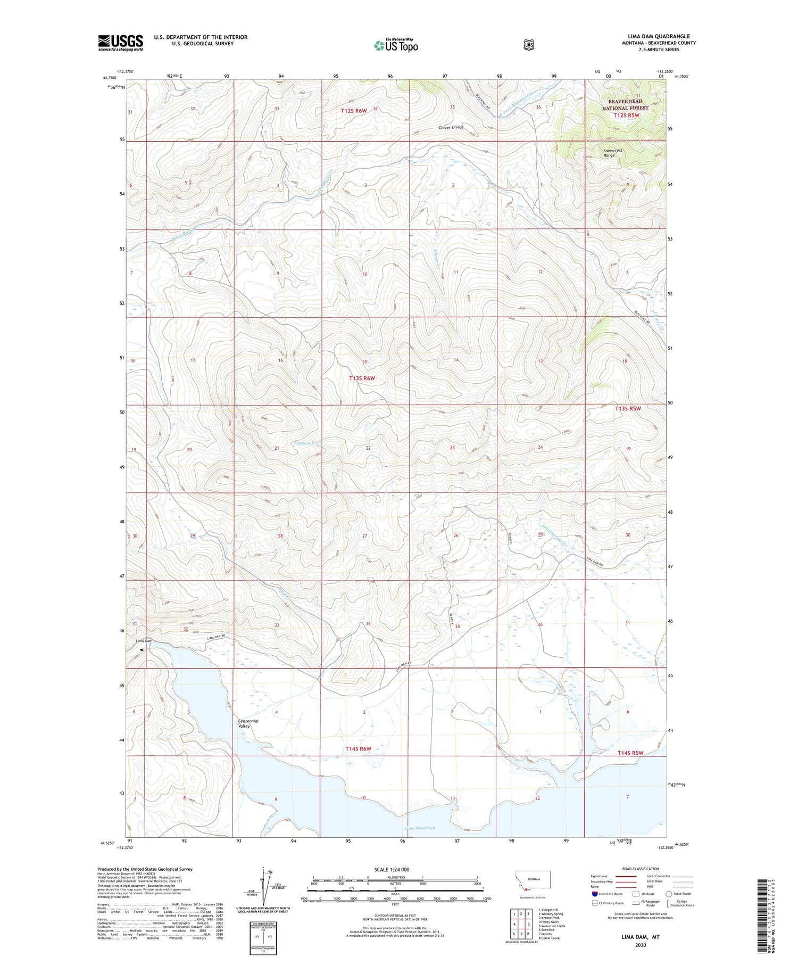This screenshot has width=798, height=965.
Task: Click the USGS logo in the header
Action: point(120,43)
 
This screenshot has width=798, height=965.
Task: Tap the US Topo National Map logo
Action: point(396,45)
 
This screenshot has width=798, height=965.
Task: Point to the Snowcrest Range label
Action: point(612,153)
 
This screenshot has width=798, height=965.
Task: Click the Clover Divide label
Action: point(451,127)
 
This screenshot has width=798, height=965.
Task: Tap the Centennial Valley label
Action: point(248,723)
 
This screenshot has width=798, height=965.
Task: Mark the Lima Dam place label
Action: point(144,641)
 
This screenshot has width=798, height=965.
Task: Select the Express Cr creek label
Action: point(305,442)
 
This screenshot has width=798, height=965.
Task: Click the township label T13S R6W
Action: point(362,378)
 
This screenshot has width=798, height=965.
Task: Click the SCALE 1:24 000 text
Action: point(392,869)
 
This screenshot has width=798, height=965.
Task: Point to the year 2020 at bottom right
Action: point(640,945)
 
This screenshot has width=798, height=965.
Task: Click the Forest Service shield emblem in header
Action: point(528,45)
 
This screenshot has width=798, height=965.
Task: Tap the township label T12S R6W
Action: point(354,111)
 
